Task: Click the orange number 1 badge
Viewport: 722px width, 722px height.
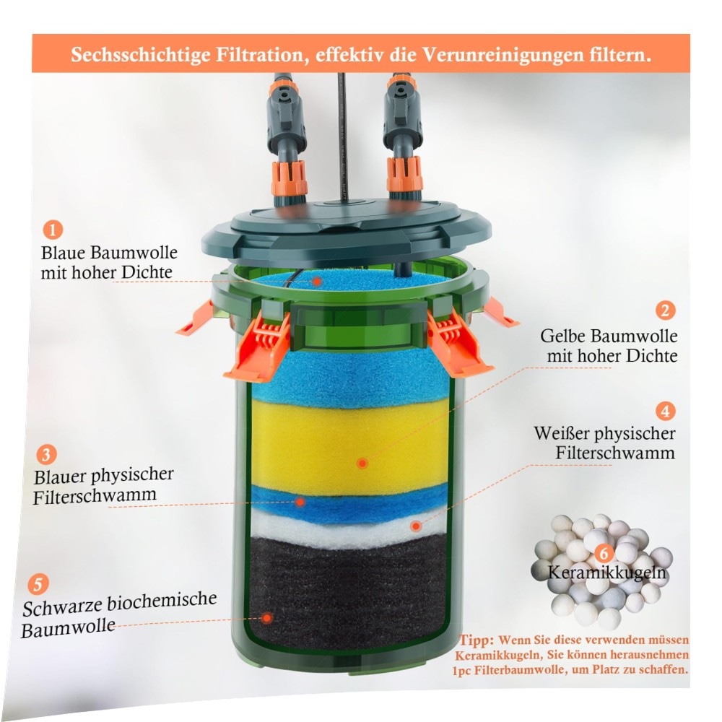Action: [53, 229]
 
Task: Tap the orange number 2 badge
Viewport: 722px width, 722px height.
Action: [666, 310]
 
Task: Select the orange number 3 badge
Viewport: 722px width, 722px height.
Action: [46, 454]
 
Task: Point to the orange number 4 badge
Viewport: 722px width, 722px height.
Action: [665, 410]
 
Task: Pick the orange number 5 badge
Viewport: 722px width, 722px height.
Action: [38, 584]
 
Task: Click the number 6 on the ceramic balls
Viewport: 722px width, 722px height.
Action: [604, 553]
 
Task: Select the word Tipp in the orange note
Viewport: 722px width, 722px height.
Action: [477, 640]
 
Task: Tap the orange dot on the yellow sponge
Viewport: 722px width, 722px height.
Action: [362, 464]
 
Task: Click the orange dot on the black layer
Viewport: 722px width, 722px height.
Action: [266, 618]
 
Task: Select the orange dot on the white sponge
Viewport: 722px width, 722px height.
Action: [416, 526]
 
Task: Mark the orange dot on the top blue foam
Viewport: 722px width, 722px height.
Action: [317, 281]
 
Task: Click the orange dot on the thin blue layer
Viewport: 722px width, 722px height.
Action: [300, 502]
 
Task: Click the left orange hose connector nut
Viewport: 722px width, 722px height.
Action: [290, 178]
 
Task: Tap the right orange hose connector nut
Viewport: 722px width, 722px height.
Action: [405, 175]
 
